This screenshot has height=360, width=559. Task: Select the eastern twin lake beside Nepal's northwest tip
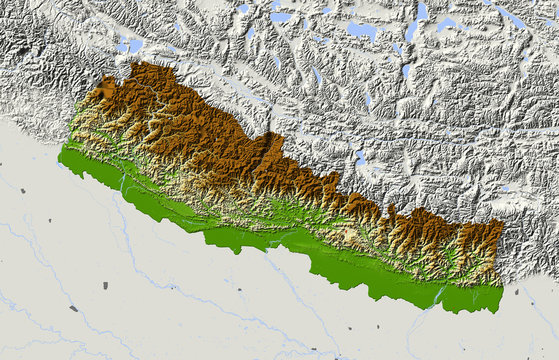click(x=136, y=45)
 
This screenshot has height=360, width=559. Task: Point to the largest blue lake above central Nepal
click(x=361, y=30)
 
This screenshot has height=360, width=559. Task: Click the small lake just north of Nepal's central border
click(x=361, y=157)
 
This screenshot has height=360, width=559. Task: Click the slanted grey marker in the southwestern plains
click(x=73, y=308)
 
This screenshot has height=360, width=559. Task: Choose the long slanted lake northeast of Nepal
click(x=511, y=17)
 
